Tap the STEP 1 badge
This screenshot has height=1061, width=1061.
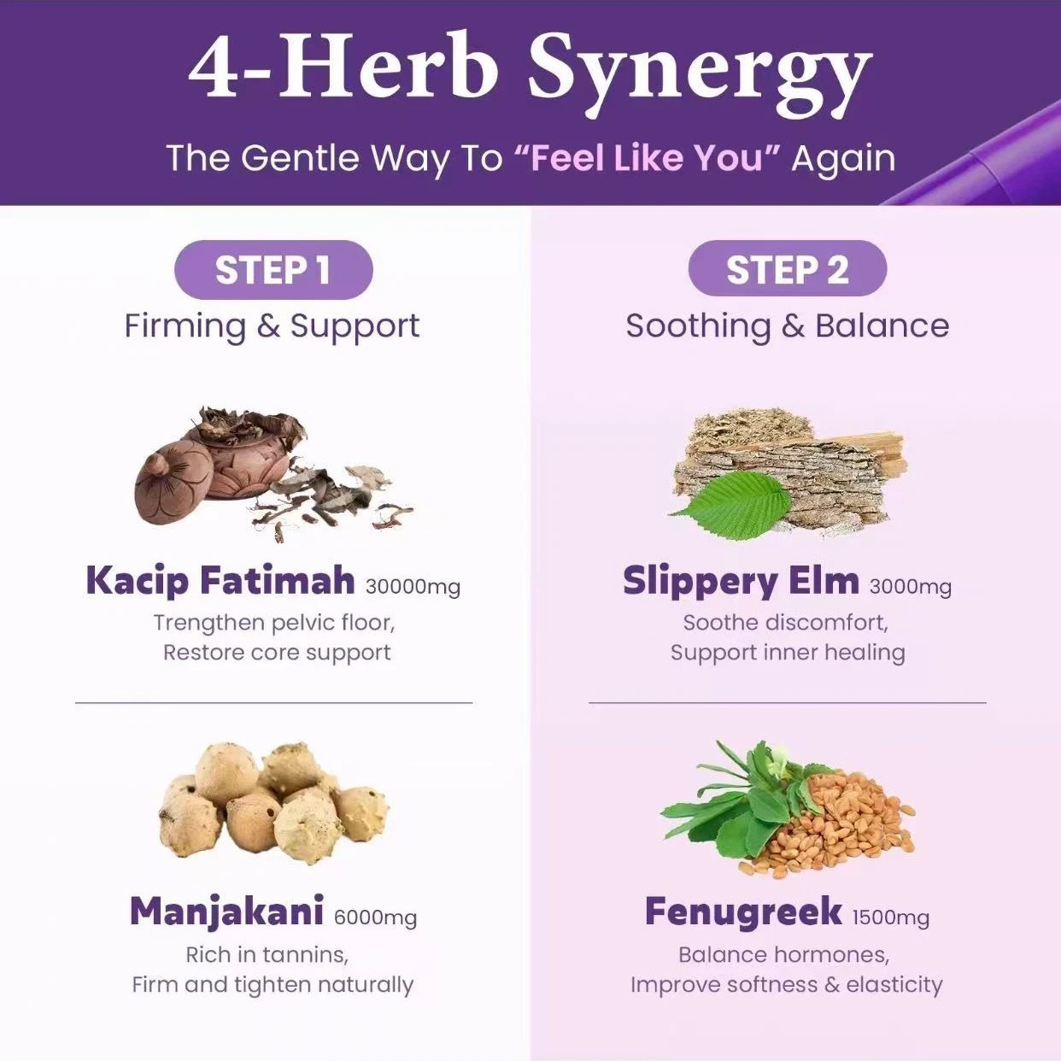click(x=273, y=270)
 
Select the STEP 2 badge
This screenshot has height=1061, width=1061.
click(x=788, y=270)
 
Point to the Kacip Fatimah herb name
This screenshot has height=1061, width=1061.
click(x=220, y=580)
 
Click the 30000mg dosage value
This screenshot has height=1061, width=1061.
click(x=413, y=587)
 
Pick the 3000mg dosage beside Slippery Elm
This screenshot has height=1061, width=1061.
click(x=911, y=587)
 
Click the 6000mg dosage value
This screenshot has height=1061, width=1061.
click(x=376, y=918)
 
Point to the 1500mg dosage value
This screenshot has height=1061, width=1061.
click(x=891, y=918)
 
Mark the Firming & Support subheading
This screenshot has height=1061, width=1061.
click(x=272, y=326)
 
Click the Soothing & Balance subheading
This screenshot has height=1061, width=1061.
click(x=788, y=326)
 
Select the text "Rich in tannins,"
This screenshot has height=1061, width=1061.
click(x=267, y=955)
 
